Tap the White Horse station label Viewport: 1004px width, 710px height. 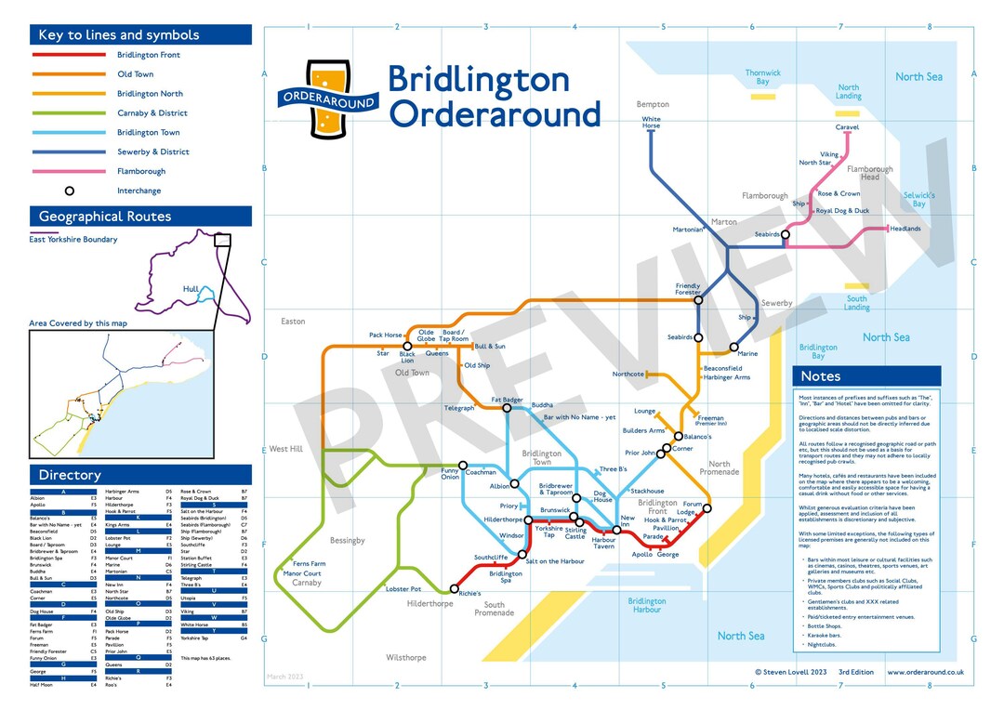(x=651, y=123)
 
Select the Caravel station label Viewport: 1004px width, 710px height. (x=847, y=126)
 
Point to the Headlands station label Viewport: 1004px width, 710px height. (x=905, y=229)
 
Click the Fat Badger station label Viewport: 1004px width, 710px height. (x=508, y=400)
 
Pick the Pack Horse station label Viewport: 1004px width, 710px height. (x=386, y=335)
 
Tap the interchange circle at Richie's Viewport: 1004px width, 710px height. (x=454, y=588)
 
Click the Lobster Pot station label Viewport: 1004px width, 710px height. (x=403, y=589)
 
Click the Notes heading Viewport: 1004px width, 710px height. (x=820, y=376)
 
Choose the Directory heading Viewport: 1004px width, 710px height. (x=70, y=475)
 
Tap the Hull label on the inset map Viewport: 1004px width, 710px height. (x=191, y=289)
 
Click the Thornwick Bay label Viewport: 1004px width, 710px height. (x=762, y=77)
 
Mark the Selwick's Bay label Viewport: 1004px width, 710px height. (x=918, y=199)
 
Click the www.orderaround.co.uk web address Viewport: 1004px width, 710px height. (x=925, y=671)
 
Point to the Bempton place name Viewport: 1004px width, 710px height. (x=652, y=104)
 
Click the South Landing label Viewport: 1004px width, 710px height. (x=856, y=303)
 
